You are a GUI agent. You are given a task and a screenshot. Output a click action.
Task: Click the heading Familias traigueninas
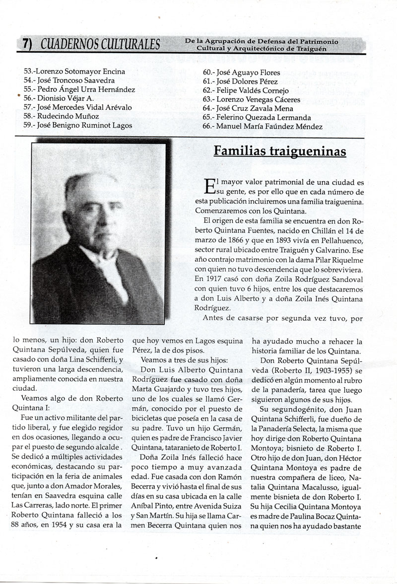280,151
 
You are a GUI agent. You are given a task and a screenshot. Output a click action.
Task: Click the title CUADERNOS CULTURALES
100,45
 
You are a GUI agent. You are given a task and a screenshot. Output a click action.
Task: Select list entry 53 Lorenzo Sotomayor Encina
74,71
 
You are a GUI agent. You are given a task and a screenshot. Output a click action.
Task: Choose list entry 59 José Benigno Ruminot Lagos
78,126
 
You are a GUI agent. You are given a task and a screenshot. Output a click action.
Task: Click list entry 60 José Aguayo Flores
241,73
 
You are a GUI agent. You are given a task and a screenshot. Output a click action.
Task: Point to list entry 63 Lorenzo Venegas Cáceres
252,100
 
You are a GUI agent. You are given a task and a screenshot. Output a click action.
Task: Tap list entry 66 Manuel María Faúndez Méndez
263,127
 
